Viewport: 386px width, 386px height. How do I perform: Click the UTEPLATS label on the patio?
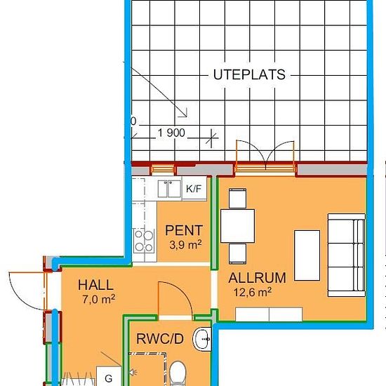tap(249, 74)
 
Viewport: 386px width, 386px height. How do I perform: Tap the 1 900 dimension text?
tap(171, 133)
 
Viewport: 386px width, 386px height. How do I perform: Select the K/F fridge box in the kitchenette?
tap(194, 189)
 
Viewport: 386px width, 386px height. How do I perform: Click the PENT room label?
tap(184, 230)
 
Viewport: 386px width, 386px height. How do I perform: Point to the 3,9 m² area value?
tap(185, 245)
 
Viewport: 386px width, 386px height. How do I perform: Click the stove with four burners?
tap(144, 241)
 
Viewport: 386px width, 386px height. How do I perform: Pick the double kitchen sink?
tap(169, 189)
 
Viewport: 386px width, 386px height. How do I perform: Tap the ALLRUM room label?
tap(257, 278)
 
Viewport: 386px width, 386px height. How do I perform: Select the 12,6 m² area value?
tap(253, 292)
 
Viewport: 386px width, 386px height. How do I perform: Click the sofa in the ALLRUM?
tap(347, 255)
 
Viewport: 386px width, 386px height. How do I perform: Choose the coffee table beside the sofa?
tap(307, 255)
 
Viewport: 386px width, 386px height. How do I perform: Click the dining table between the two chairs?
tap(237, 226)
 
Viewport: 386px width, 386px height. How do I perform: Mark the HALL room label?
tap(95, 285)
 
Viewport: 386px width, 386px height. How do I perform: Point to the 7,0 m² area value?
tap(99, 299)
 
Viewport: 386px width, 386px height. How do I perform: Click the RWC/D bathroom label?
tap(160, 339)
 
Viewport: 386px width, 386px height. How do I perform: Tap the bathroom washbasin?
tap(202, 339)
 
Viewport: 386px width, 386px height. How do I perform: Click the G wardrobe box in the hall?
tap(109, 376)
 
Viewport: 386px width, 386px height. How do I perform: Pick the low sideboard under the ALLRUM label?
tap(269, 314)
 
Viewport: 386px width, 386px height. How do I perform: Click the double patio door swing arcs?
tap(265, 154)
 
